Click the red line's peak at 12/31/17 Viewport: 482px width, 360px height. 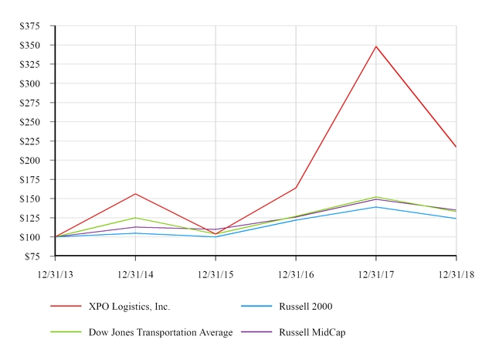pos(376,46)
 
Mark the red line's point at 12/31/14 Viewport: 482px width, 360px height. pos(135,194)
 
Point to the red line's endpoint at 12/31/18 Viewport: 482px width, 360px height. pos(456,147)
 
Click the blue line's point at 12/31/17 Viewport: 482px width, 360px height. pos(376,207)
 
